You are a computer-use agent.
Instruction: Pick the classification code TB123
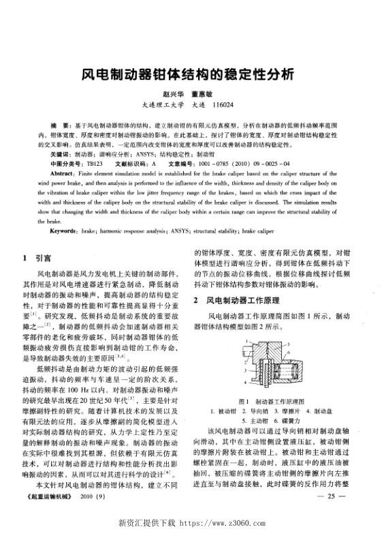click(x=93, y=164)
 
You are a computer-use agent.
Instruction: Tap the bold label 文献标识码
click(x=133, y=164)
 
